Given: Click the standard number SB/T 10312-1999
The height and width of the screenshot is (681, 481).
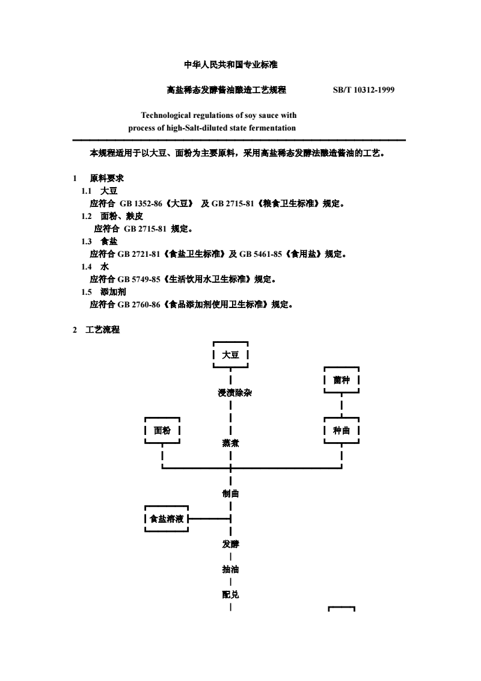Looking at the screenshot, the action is pos(364,90).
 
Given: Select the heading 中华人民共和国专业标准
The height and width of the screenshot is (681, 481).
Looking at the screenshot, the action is pos(231,65).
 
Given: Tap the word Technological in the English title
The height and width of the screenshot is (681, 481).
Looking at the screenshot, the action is pos(166,115).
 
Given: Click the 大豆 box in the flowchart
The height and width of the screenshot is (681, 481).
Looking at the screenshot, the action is pos(230,355).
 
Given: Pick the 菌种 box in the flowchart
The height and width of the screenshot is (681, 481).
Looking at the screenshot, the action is pos(342,380).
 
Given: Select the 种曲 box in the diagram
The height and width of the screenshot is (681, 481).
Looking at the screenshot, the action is pos(342,430).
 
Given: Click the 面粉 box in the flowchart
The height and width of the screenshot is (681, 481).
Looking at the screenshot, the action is pos(162,430).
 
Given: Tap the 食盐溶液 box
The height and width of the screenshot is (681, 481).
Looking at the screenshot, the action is pos(167,519).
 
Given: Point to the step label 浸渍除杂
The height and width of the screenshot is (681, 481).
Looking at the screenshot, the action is pos(235,393).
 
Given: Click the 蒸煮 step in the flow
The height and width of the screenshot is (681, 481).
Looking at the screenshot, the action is pos(230,443).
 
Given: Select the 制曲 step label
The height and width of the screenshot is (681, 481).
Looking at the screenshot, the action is pos(230,493).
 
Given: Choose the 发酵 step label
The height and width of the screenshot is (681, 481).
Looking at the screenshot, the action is pos(230,544).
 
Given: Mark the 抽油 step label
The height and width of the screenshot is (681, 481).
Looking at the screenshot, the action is pos(230,569).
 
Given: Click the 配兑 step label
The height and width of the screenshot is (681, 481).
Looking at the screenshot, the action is pos(230,594).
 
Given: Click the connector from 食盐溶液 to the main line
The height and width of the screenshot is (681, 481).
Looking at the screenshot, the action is pos(209,519).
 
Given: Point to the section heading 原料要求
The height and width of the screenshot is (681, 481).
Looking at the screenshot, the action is pos(107,178).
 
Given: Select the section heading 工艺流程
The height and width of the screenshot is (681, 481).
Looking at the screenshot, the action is pos(102,330).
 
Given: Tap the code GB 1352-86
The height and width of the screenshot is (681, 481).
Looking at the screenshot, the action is pos(141,203).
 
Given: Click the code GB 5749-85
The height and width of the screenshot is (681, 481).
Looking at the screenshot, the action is pos(139,279).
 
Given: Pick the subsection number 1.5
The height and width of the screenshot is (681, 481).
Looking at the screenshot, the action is pos(87,292).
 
